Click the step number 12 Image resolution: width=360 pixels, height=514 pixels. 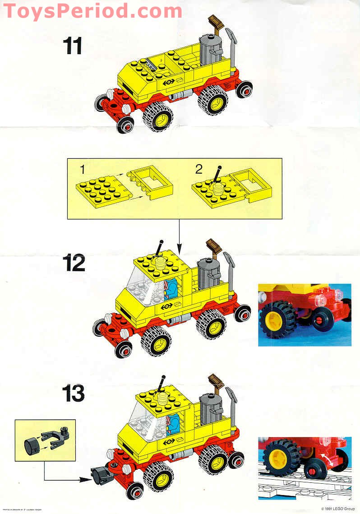[x=74, y=263]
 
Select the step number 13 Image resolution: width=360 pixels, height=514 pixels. [x=74, y=393]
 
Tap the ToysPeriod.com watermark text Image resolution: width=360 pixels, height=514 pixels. [x=92, y=11]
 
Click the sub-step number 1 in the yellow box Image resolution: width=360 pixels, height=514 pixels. [x=82, y=169]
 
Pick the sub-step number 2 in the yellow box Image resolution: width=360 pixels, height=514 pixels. [x=199, y=169]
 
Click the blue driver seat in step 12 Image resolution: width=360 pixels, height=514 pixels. [x=172, y=289]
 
